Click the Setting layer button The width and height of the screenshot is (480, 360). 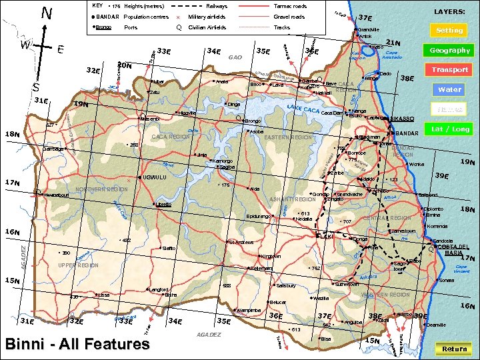point(449,30)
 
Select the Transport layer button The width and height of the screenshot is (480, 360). point(449,69)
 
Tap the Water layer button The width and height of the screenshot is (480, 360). point(449,89)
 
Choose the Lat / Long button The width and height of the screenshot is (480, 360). point(449,129)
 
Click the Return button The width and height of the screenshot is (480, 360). point(454,349)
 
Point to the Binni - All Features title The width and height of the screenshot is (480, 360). point(77,344)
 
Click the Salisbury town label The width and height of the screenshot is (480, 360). point(285,285)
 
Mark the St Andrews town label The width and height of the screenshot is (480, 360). point(240,241)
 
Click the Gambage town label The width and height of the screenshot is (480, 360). point(53,148)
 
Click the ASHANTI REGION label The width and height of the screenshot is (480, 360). point(292,199)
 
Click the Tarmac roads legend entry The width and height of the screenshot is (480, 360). point(289,6)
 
